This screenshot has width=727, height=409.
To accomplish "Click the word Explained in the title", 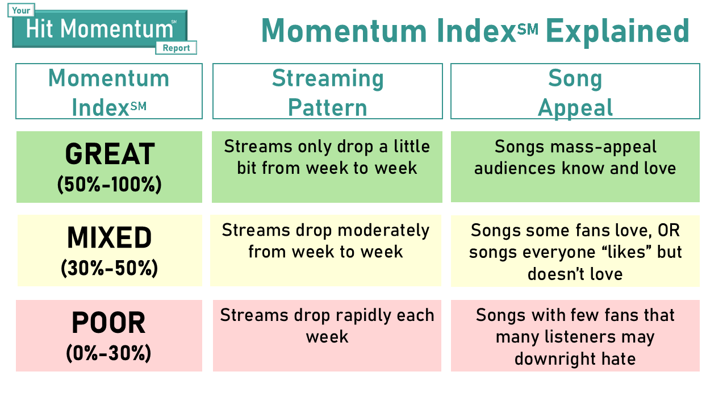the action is [x=617, y=31].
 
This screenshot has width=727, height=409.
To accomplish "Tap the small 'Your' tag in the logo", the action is [x=21, y=10].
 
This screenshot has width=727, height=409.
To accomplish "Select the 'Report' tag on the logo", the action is [x=176, y=48].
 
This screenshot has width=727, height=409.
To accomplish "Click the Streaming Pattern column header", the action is [x=328, y=91].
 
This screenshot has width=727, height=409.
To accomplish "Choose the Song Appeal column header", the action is [x=575, y=91].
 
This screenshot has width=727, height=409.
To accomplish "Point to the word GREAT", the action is [x=110, y=153].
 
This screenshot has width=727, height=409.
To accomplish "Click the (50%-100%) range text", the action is [x=110, y=185].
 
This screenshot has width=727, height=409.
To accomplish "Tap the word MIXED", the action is [x=110, y=237].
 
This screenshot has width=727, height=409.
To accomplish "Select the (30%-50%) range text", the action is [x=110, y=268].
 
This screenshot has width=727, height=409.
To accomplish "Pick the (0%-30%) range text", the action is [x=108, y=353].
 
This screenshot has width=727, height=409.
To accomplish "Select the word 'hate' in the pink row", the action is [x=619, y=358].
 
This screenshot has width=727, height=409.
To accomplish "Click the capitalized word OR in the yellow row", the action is [x=668, y=231].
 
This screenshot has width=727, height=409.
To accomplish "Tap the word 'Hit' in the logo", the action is [x=39, y=28].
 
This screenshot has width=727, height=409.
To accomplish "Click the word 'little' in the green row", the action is [x=412, y=147].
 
